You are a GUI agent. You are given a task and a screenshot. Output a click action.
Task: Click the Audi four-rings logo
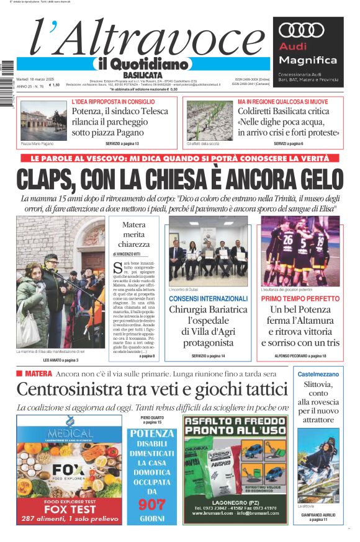point(302,31)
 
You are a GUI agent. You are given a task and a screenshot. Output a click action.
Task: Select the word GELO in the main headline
point(313,180)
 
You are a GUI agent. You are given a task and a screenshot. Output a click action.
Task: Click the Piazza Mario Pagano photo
point(43,120)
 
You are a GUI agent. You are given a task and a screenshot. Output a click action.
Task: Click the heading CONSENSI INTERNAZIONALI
point(208,298)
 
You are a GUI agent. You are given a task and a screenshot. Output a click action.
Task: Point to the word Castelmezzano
point(318,375)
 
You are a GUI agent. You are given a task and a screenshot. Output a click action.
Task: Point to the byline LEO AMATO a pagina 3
point(60,360)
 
